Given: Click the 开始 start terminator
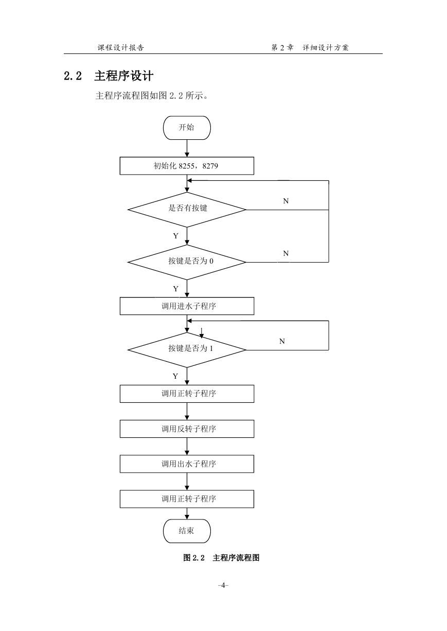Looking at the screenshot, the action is [187, 127].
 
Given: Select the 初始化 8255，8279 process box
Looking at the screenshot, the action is [187, 166].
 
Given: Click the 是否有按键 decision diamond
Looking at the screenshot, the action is [187, 210].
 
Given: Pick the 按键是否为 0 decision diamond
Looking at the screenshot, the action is [187, 262].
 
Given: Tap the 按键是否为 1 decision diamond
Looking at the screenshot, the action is [187, 350].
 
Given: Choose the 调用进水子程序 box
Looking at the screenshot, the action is [187, 306].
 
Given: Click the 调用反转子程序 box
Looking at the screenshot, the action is [187, 429].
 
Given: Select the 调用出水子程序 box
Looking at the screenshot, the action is [187, 463].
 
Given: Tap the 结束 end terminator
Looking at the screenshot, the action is [187, 531].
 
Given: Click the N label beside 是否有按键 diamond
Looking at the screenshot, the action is [285, 201].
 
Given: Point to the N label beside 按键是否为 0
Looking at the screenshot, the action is [285, 253].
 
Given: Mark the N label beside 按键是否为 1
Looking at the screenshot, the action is [282, 341].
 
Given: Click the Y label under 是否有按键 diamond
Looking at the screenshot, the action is [176, 236].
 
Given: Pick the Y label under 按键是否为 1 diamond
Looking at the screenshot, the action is [175, 376].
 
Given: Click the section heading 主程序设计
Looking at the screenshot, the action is [123, 76].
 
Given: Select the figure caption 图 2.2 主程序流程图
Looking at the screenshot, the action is [221, 558].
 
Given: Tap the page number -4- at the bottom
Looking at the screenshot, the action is [223, 585].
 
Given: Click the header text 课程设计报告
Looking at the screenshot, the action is [121, 48].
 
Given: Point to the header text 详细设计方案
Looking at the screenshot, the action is [326, 48].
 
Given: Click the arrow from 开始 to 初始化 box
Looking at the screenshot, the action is [187, 148].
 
